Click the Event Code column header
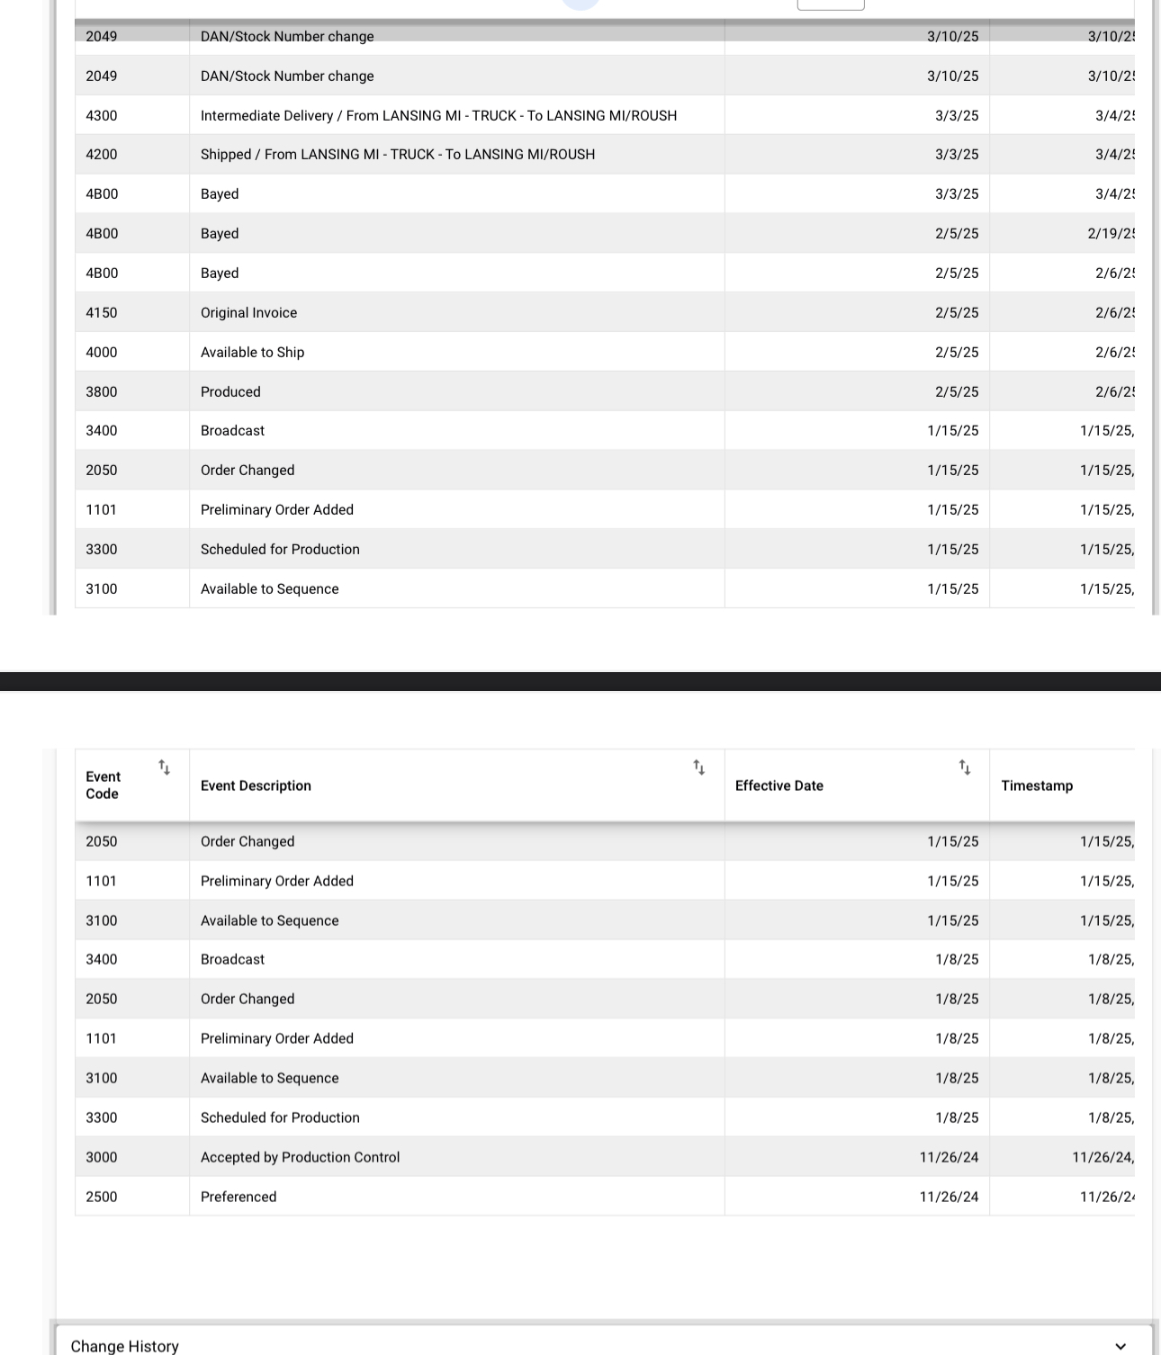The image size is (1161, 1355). coord(103,785)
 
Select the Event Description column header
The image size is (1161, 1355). coord(256,785)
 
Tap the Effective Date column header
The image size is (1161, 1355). coord(778,785)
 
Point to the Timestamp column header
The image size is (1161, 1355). coord(1037,785)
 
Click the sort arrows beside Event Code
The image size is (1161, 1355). coord(164,767)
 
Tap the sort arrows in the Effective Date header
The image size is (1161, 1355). coord(965,767)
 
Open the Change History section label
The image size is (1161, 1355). coord(125,1346)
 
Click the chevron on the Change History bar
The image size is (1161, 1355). coord(1120,1346)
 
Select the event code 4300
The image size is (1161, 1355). coord(102,115)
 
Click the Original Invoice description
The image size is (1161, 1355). coord(248,312)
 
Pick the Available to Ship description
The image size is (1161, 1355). coord(252,352)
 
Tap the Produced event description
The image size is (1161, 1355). coord(230,391)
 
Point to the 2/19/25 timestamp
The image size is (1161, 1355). coord(1111,233)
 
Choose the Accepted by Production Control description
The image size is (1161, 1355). coord(300,1157)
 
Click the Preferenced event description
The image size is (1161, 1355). coord(238,1197)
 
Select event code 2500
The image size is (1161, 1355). coord(102,1197)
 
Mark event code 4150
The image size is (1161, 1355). coord(102,312)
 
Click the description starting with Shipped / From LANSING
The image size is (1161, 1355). coord(397,154)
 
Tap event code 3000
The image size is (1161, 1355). coord(102,1157)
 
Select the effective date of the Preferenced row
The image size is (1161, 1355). coord(949,1197)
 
